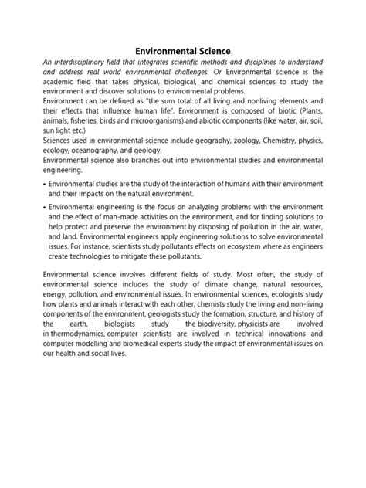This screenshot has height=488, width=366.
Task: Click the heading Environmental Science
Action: pos(183,50)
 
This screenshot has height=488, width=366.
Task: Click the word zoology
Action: pos(229,141)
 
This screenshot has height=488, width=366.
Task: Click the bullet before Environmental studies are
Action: pos(43,186)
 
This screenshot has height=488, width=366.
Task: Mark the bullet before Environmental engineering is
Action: pos(43,208)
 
